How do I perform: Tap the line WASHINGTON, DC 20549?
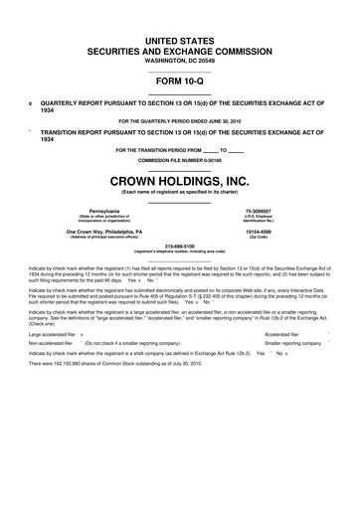[179, 61]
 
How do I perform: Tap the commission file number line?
[179, 160]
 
